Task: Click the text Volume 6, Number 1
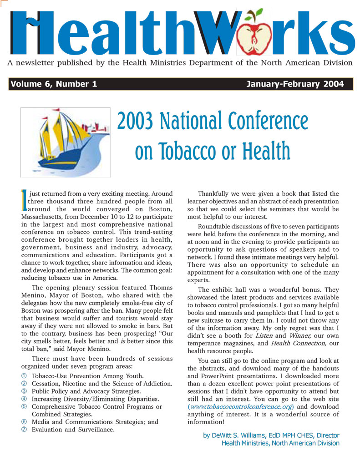[x=54, y=84]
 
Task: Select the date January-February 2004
[x=294, y=84]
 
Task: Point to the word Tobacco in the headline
[x=186, y=151]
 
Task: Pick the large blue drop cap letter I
[x=24, y=201]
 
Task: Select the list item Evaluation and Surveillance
[x=73, y=430]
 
